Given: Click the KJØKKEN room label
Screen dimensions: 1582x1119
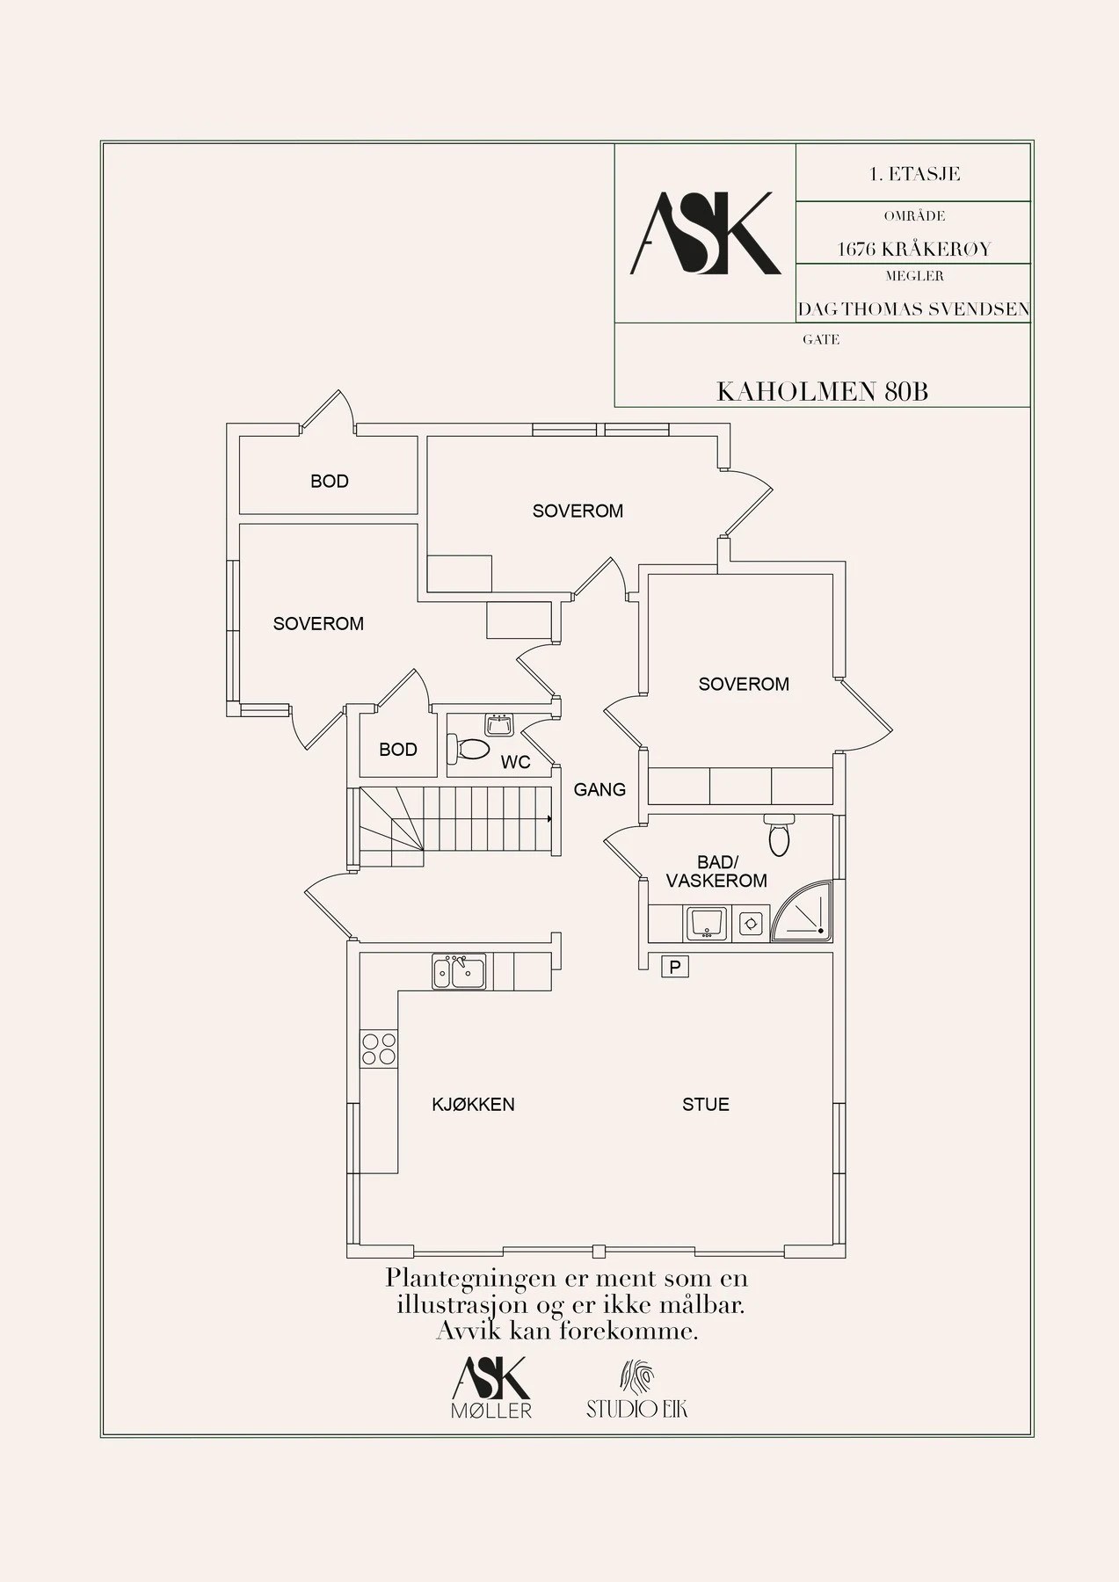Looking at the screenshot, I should (473, 1105).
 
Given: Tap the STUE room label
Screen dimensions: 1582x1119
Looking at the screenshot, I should (706, 1105).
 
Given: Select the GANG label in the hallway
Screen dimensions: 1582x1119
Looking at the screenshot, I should (599, 790).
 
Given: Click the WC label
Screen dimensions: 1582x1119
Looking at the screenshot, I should (515, 762).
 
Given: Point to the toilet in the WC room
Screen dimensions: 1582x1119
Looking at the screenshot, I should (469, 750).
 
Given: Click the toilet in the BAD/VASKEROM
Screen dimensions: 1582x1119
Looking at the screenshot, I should (779, 835).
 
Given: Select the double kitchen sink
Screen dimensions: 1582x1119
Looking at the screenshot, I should (459, 972).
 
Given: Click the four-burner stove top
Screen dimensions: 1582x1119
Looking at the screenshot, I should (379, 1049).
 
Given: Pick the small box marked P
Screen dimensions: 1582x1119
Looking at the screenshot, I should (675, 968).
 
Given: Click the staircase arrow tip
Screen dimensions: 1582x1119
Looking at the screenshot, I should (549, 819).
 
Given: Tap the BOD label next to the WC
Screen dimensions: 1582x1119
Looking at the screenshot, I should (397, 750).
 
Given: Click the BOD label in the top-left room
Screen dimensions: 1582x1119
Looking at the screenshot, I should (329, 482).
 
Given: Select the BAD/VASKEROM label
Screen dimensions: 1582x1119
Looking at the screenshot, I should (716, 872).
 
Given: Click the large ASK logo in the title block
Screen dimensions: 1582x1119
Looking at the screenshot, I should (706, 234).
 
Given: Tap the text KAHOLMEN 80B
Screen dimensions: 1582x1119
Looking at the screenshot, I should (822, 391).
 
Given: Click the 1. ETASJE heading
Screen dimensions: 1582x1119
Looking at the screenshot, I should (914, 174).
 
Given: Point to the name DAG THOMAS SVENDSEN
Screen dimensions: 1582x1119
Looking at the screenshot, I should (913, 309).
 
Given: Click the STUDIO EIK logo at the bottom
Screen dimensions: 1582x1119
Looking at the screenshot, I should (637, 1391).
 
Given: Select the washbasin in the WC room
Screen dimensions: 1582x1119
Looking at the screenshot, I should (499, 725).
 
